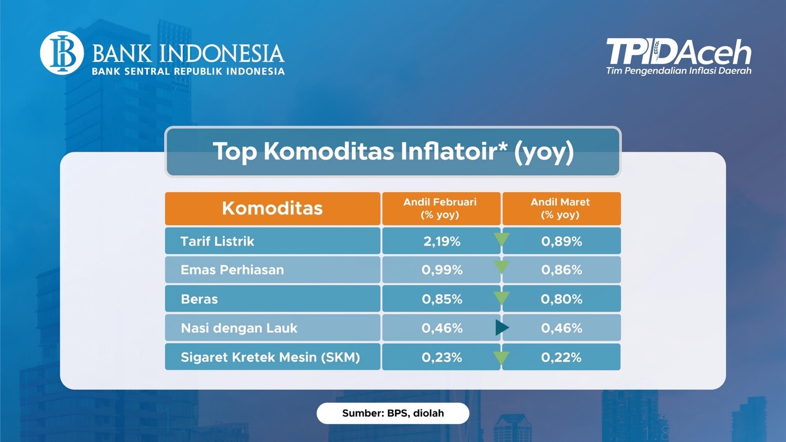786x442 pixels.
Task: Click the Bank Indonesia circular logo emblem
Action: click(x=62, y=52)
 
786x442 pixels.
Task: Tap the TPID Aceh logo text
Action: click(x=678, y=51)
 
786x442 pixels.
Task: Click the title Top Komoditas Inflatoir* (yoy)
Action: click(x=393, y=152)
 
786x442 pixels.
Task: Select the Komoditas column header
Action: click(x=272, y=208)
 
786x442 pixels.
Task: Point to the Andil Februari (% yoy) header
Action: click(x=440, y=208)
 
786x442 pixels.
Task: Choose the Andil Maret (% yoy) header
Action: click(x=561, y=208)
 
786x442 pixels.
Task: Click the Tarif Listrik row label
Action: click(x=217, y=241)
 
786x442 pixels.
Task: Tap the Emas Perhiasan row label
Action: click(x=233, y=270)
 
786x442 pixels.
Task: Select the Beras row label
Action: click(x=199, y=299)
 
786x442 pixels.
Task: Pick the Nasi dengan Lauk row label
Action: click(x=239, y=328)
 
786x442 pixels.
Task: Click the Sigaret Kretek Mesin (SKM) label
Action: click(x=270, y=357)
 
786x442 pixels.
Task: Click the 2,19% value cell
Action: click(x=442, y=241)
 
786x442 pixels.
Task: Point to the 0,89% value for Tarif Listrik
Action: click(x=562, y=241)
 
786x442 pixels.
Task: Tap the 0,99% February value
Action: click(x=442, y=270)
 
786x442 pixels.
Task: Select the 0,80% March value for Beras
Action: click(x=562, y=299)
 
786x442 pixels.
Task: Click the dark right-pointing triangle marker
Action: click(x=502, y=327)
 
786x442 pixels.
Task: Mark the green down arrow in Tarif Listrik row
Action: click(x=502, y=239)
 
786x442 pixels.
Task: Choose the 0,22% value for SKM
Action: click(x=561, y=357)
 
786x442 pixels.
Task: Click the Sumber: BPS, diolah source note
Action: click(x=393, y=413)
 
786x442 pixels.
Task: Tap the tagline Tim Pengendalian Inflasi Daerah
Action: click(x=678, y=71)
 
